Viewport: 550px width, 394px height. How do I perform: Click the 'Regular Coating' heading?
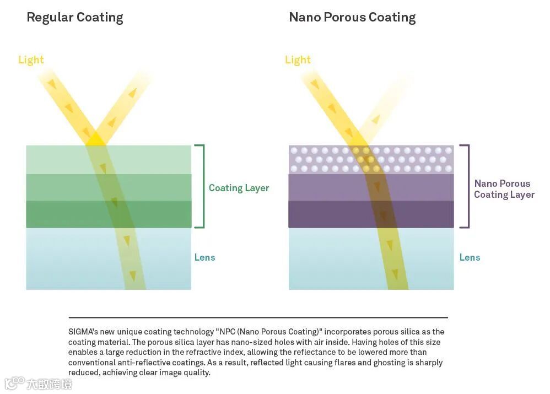pyautogui.click(x=74, y=17)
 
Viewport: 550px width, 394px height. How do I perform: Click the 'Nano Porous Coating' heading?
pyautogui.click(x=352, y=17)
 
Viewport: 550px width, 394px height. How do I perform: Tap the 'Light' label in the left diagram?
pyautogui.click(x=31, y=60)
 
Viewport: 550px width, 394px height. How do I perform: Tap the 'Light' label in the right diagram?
pyautogui.click(x=298, y=60)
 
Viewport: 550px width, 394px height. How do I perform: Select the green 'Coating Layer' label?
pyautogui.click(x=239, y=188)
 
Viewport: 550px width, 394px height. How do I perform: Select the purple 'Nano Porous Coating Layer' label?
pyautogui.click(x=504, y=189)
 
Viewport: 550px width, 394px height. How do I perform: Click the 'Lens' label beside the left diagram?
pyautogui.click(x=204, y=257)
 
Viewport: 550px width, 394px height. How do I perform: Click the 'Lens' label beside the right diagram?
pyautogui.click(x=470, y=257)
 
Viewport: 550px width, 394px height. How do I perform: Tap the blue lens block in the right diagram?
pyautogui.click(x=331, y=259)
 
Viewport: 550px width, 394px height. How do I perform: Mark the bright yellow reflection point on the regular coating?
pyautogui.click(x=96, y=138)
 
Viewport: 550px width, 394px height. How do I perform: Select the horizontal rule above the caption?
pyautogui.click(x=258, y=317)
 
